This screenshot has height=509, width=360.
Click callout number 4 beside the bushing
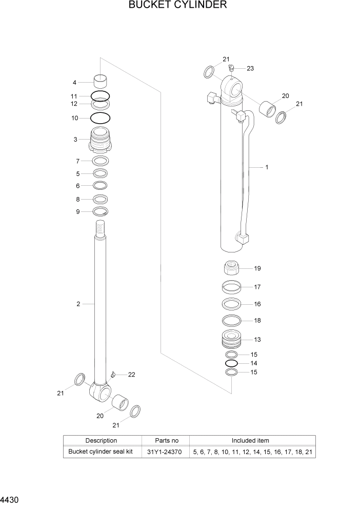point(74,82)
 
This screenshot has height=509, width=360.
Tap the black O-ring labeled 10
point(100,118)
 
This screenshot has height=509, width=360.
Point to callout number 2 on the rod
point(78,304)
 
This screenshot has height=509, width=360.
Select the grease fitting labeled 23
point(231,67)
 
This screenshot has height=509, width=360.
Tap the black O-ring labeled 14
point(231,363)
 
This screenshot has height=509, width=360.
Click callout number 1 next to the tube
point(267,167)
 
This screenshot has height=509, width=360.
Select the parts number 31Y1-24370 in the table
point(167,452)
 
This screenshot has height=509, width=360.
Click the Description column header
point(101,440)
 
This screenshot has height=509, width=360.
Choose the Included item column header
point(252,440)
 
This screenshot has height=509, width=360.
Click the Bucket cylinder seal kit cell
point(101,452)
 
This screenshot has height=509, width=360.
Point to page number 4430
point(11,499)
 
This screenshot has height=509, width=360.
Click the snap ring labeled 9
point(100,212)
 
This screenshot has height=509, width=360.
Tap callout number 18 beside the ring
point(257,321)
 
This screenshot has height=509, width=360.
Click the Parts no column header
point(167,440)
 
